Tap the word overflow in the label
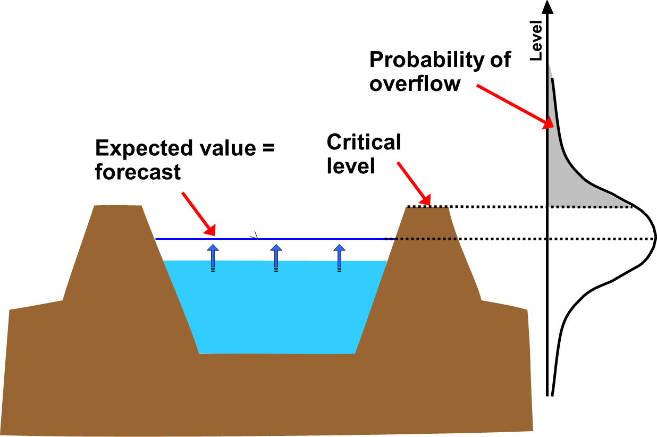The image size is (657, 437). tap(415, 83)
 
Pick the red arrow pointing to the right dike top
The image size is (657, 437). tap(412, 182)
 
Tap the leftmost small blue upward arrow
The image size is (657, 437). tap(213, 257)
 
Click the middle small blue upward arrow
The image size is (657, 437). tap(276, 257)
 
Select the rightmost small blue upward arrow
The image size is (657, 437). tap(339, 257)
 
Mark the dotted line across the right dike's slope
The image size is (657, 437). tap(425, 239)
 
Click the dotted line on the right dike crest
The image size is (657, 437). tap(427, 207)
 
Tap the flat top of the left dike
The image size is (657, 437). tap(118, 206)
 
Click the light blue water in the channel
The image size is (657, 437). tap(276, 308)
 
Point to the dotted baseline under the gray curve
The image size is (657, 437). tap(590, 207)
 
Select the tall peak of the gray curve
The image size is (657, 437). tap(551, 74)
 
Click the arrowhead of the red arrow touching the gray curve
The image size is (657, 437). tap(549, 124)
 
